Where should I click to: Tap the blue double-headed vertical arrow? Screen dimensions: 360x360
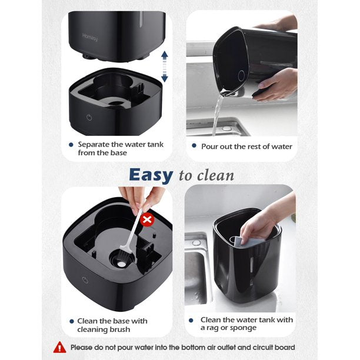(x=164, y=65)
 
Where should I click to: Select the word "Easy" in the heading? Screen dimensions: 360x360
(x=151, y=175)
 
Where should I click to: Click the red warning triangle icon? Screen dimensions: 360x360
(x=59, y=347)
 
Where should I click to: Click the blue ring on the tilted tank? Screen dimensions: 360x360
(x=242, y=76)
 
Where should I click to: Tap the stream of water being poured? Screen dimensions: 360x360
(x=218, y=115)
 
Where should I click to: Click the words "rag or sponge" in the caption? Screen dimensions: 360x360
(x=235, y=328)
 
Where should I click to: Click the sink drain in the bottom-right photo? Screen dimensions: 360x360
(x=196, y=242)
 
